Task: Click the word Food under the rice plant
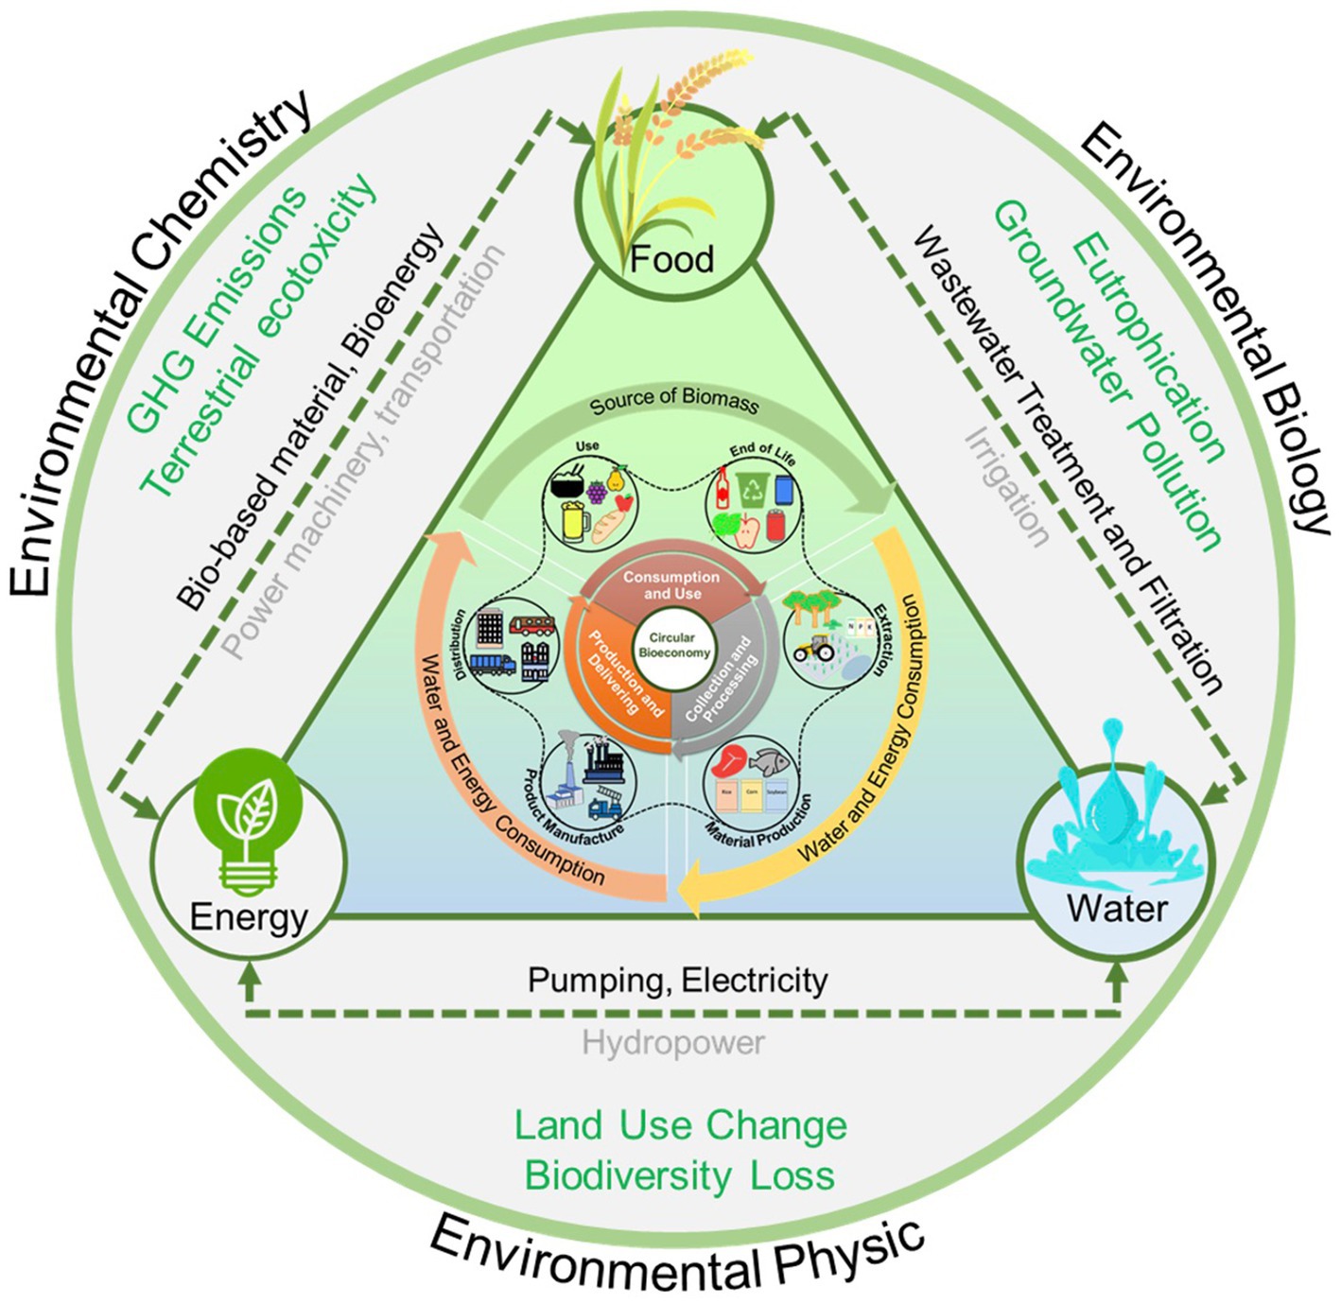click(x=671, y=258)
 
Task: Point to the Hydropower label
click(x=672, y=1043)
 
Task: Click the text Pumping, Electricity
click(x=677, y=980)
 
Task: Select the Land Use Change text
click(x=680, y=1125)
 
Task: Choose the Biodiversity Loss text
click(x=680, y=1175)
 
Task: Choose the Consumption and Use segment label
click(x=671, y=585)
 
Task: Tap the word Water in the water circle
click(x=1117, y=908)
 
